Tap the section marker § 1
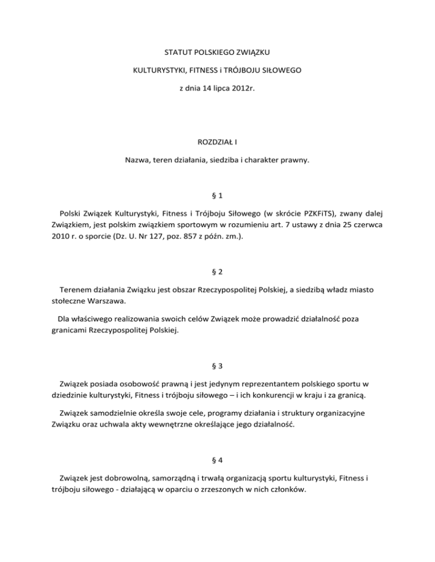217,195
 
